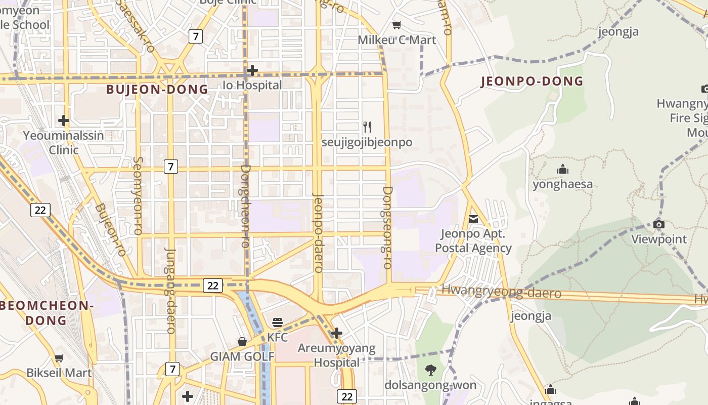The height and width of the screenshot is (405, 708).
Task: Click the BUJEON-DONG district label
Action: [157, 90]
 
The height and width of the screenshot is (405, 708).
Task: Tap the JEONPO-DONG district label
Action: [532, 81]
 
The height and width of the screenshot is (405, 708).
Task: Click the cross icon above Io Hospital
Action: [252, 70]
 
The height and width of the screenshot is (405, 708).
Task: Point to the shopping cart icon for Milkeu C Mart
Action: [397, 25]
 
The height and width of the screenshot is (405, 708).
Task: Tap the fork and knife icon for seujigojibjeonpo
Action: [367, 127]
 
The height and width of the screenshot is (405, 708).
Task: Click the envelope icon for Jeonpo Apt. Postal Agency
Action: [473, 219]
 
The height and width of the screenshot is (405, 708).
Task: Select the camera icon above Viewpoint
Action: [658, 224]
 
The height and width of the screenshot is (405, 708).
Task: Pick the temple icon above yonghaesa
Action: [562, 170]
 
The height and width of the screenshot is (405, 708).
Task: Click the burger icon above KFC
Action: [277, 322]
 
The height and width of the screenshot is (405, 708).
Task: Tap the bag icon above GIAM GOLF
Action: [242, 342]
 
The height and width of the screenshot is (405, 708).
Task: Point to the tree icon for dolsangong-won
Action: [430, 370]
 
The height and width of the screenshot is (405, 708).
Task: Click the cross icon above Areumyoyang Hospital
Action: [336, 333]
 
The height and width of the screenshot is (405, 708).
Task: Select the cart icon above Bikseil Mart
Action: [59, 358]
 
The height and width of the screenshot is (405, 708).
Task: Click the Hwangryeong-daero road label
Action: [501, 292]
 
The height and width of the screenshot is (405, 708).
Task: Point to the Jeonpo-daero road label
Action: [318, 233]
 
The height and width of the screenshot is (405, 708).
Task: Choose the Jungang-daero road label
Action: [170, 291]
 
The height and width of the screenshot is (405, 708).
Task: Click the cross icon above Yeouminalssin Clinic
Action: [63, 120]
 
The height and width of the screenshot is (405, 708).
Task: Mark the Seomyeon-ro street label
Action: [137, 196]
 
